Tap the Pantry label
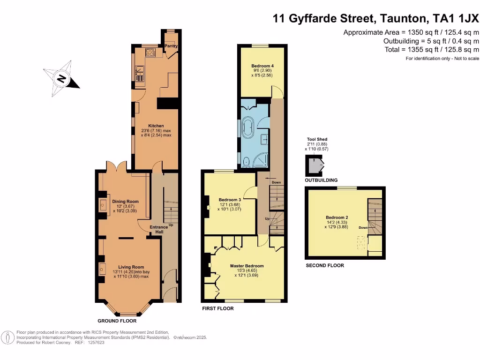[x=170, y=46]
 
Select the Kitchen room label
[x=156, y=126]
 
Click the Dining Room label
[x=125, y=202]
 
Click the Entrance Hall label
[x=158, y=230]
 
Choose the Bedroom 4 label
[x=262, y=66]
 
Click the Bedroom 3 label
[x=230, y=200]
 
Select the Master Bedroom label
[x=247, y=266]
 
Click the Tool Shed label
[x=317, y=139]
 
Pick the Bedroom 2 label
[x=337, y=217]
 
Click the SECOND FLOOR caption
[x=325, y=265]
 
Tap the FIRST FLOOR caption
[x=217, y=308]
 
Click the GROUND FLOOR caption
[x=117, y=321]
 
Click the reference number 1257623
[x=96, y=343]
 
